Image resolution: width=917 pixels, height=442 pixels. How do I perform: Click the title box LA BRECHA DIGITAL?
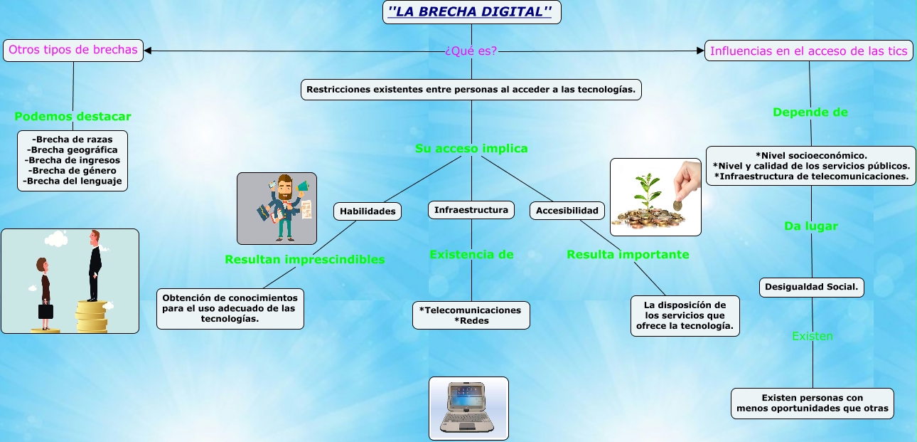[x=471, y=12]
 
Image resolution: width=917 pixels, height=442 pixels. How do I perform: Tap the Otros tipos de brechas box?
[x=73, y=51]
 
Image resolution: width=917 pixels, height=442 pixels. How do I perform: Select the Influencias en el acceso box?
[x=808, y=51]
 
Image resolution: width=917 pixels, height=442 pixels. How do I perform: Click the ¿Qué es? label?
[x=471, y=51]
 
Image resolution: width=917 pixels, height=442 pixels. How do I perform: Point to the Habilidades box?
[x=368, y=211]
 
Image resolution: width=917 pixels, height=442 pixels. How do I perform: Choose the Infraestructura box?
[x=471, y=210]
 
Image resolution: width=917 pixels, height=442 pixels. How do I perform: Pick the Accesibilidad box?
[x=567, y=211]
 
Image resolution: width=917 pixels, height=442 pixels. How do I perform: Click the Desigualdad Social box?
[x=811, y=287]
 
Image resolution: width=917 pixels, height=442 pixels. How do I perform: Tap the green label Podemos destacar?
[x=73, y=117]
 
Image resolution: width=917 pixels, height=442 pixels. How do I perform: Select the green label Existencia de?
[x=471, y=255]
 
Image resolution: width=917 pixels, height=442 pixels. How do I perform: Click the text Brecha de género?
[x=73, y=171]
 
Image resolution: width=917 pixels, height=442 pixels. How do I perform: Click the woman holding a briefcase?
[x=44, y=293]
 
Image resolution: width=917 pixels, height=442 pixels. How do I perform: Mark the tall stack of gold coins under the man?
[x=92, y=317]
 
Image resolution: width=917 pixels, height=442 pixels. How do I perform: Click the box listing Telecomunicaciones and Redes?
[x=471, y=315]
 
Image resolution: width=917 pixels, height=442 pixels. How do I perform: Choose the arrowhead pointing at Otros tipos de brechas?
[x=148, y=51]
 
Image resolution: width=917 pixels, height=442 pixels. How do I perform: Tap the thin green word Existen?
[x=813, y=336]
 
